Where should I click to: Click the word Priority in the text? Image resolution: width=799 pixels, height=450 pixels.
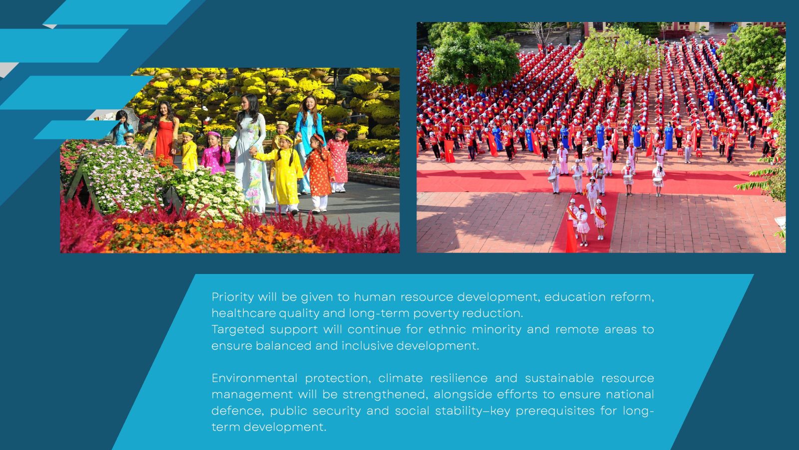point(233,297)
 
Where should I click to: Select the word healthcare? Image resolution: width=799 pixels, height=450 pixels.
point(244,313)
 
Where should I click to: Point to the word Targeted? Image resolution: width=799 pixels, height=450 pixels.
point(238,329)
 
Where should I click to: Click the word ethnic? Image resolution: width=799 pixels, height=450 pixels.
point(447,329)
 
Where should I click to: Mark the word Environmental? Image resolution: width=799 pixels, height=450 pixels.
point(254,378)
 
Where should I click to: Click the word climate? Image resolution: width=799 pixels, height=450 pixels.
point(400,378)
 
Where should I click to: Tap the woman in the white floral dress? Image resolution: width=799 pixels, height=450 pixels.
point(251,153)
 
